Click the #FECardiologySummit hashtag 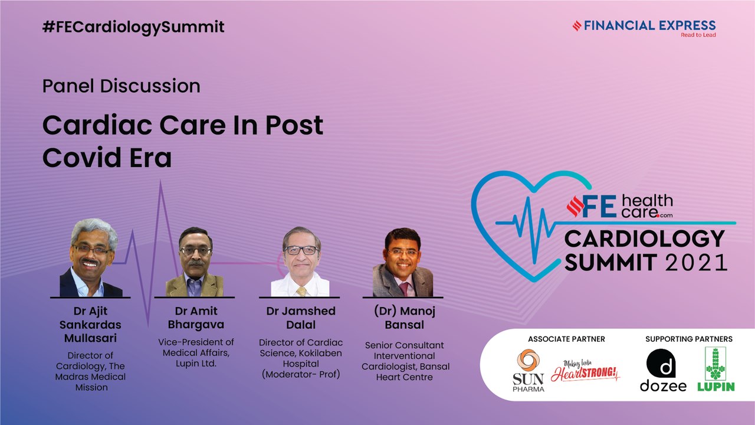(133, 27)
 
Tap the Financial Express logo (644, 28)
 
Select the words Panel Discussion (122, 86)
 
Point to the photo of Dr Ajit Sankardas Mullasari (90, 258)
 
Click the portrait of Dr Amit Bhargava (195, 262)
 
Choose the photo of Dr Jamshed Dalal (300, 262)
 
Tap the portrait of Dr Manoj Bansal (403, 263)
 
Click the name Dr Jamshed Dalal (301, 318)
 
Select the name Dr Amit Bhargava (196, 318)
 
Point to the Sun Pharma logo (528, 370)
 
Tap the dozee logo (663, 370)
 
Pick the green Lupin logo (715, 370)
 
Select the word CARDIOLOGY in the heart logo (645, 238)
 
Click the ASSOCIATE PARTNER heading (566, 339)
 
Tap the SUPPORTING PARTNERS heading (688, 339)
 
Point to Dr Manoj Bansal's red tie (403, 289)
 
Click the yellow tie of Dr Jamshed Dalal (301, 291)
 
